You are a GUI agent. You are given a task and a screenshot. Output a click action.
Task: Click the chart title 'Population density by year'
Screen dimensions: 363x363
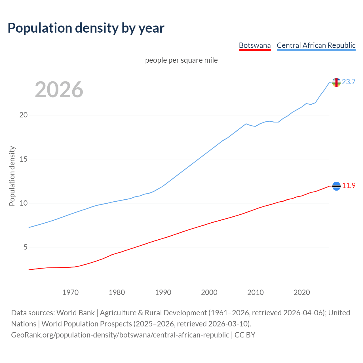tap(86, 28)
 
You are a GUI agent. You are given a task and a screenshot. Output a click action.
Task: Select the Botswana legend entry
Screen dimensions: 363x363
tap(255, 45)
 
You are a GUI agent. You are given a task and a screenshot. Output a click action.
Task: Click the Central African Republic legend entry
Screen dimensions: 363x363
tap(316, 45)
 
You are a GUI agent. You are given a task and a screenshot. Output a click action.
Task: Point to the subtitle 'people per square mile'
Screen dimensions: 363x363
tap(181, 60)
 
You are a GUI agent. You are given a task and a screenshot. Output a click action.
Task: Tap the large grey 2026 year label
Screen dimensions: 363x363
tap(59, 90)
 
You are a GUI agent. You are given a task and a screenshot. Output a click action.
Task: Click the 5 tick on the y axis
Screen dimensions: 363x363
tap(25, 247)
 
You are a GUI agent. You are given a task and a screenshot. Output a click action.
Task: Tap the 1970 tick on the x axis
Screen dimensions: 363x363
tap(71, 292)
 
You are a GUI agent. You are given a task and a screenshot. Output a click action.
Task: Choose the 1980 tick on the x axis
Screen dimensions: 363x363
tap(117, 292)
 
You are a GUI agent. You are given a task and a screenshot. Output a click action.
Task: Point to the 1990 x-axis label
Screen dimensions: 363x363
tap(163, 292)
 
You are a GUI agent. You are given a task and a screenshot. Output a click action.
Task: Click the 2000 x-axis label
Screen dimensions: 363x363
tap(209, 292)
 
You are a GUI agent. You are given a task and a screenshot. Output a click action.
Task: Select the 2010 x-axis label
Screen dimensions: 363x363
tap(256, 292)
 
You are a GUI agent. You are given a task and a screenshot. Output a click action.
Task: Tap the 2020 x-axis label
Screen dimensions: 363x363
tap(302, 292)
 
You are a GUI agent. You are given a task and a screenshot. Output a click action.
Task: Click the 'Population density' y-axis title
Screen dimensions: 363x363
tap(12, 176)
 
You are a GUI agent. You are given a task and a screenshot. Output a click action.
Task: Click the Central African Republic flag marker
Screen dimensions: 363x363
tap(336, 82)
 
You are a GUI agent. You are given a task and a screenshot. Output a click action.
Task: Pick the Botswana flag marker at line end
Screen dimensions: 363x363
tap(336, 186)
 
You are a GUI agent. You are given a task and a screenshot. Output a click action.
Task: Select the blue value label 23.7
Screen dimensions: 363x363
tap(349, 82)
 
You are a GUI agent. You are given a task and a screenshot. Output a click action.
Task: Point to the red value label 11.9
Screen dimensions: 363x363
tap(349, 185)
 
